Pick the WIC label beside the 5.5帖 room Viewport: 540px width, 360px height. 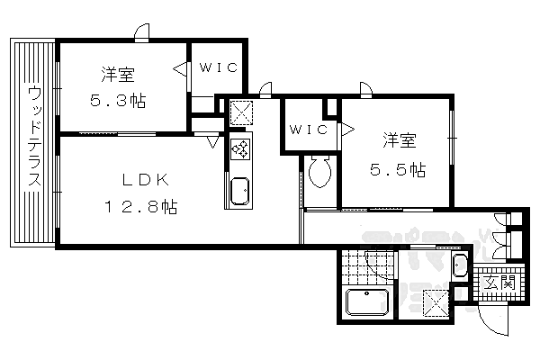pos(308,130)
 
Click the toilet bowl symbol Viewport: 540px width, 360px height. pos(319,170)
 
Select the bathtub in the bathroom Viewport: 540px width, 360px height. pos(366,302)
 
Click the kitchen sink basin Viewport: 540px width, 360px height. pos(239,192)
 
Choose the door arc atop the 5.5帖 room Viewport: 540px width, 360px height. pos(366,87)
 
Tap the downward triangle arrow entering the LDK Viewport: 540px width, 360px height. pos(212,141)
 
